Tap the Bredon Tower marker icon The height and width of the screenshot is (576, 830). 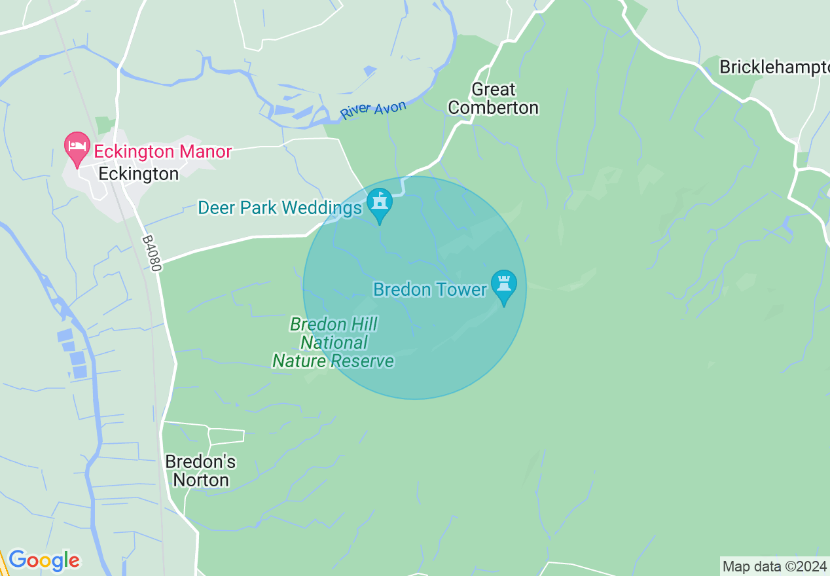[504, 285]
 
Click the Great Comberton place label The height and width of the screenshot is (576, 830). [494, 98]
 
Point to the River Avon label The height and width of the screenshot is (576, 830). [373, 109]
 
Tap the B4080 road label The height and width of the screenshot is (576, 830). [150, 250]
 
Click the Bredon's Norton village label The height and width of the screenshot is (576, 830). [200, 471]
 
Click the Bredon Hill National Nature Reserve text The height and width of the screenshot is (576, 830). [333, 342]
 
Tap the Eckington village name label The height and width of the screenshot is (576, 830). [138, 174]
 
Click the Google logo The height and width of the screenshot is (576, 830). [44, 560]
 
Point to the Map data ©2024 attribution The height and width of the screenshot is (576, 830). [773, 566]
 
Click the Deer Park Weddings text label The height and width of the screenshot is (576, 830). [280, 208]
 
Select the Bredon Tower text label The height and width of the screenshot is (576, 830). [429, 289]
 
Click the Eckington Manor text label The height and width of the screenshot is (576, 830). [162, 152]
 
